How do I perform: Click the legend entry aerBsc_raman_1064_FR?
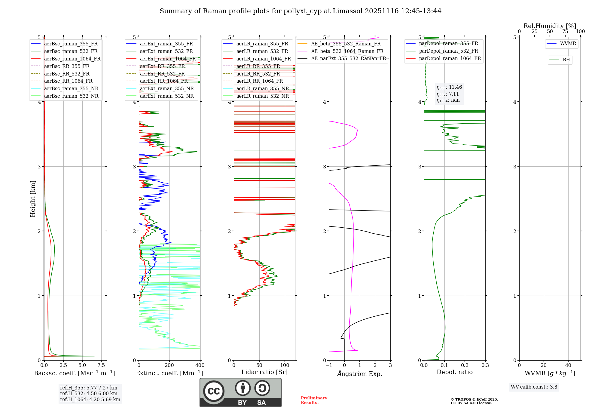pyautogui.click(x=72, y=59)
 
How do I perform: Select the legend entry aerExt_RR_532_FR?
pyautogui.click(x=162, y=74)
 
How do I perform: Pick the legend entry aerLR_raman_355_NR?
pyautogui.click(x=262, y=89)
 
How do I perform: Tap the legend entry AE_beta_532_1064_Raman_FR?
pyautogui.click(x=347, y=51)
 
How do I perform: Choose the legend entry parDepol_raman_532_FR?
pyautogui.click(x=448, y=51)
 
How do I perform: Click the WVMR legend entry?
pyautogui.click(x=568, y=44)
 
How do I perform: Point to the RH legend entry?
pyautogui.click(x=566, y=60)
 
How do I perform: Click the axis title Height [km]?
pyautogui.click(x=33, y=199)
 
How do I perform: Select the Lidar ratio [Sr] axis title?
pyautogui.click(x=264, y=372)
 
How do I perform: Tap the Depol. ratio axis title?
pyautogui.click(x=454, y=372)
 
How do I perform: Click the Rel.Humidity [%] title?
pyautogui.click(x=550, y=26)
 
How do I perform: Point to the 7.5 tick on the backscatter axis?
pyautogui.click(x=101, y=365)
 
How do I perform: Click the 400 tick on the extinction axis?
pyautogui.click(x=200, y=365)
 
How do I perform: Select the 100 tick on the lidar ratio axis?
pyautogui.click(x=285, y=365)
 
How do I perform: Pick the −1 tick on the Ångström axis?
pyautogui.click(x=329, y=365)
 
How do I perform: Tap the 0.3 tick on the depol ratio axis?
pyautogui.click(x=485, y=365)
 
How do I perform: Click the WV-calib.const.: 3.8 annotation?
pyautogui.click(x=534, y=387)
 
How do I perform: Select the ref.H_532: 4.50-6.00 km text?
pyautogui.click(x=89, y=394)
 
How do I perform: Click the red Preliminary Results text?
pyautogui.click(x=314, y=400)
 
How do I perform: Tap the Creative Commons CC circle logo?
pyautogui.click(x=214, y=391)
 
